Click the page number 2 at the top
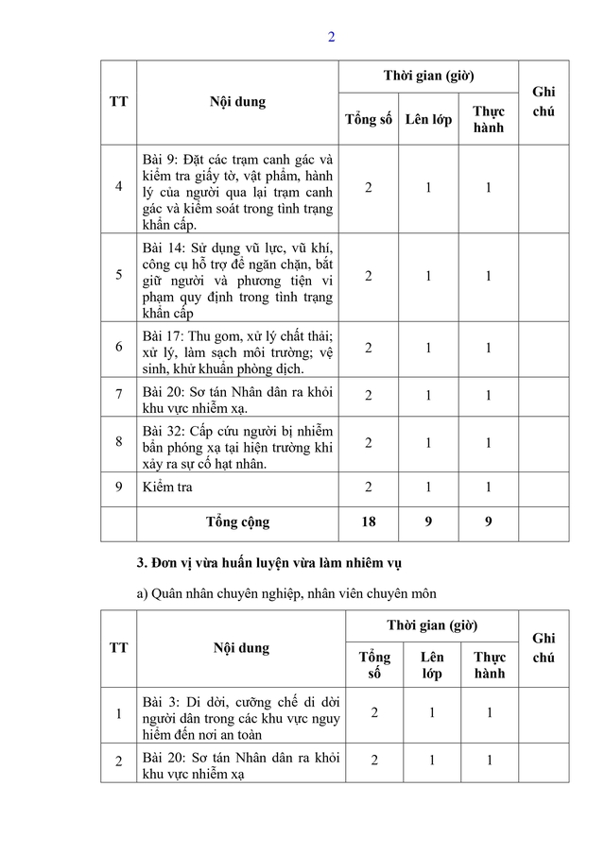[331, 38]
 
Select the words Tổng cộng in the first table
[237, 522]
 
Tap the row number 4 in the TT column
[119, 187]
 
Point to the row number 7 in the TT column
[119, 395]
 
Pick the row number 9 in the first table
[119, 487]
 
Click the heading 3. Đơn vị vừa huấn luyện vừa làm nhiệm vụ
[269, 564]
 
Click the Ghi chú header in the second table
[543, 649]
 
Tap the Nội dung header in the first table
[237, 101]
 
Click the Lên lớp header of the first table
[428, 120]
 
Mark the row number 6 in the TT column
[119, 348]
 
